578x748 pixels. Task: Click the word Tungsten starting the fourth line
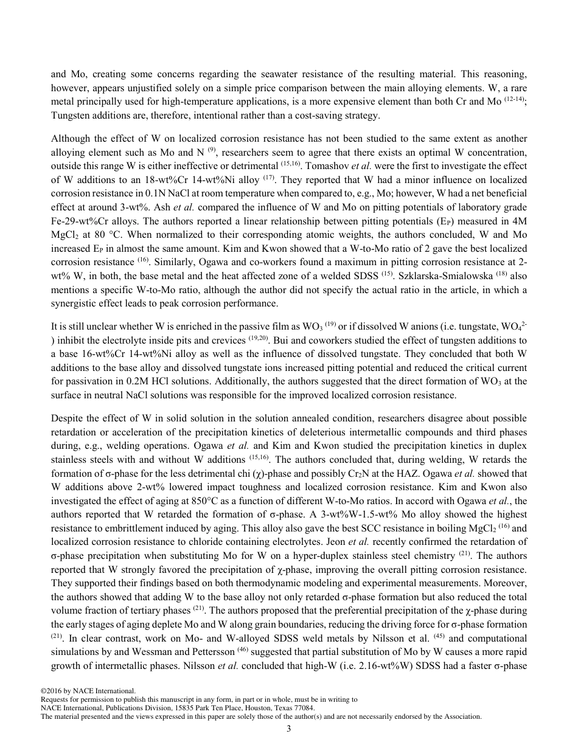coord(71,116)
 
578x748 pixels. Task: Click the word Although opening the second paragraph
coord(70,139)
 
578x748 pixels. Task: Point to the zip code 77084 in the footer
coord(302,708)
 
